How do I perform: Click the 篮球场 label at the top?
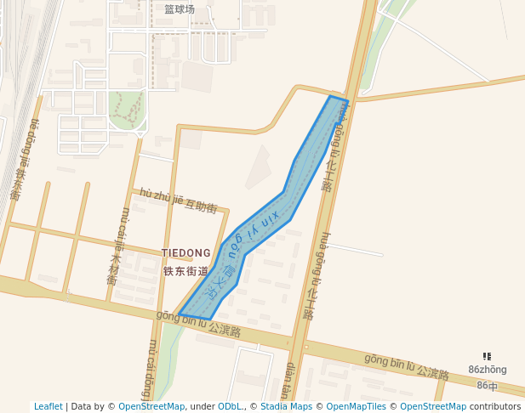click(x=180, y=9)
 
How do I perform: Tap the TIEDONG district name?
click(x=186, y=253)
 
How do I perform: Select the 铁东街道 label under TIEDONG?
click(x=186, y=272)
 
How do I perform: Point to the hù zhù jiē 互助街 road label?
click(x=179, y=201)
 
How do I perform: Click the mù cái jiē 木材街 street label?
click(x=117, y=246)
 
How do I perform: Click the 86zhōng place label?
click(x=487, y=370)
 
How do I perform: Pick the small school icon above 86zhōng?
click(x=487, y=357)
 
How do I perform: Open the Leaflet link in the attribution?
click(x=49, y=406)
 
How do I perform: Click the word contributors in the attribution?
click(x=495, y=406)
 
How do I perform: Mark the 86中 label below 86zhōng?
click(x=487, y=385)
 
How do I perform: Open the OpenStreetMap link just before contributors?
click(x=433, y=406)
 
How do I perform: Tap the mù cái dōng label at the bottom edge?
click(x=151, y=371)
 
